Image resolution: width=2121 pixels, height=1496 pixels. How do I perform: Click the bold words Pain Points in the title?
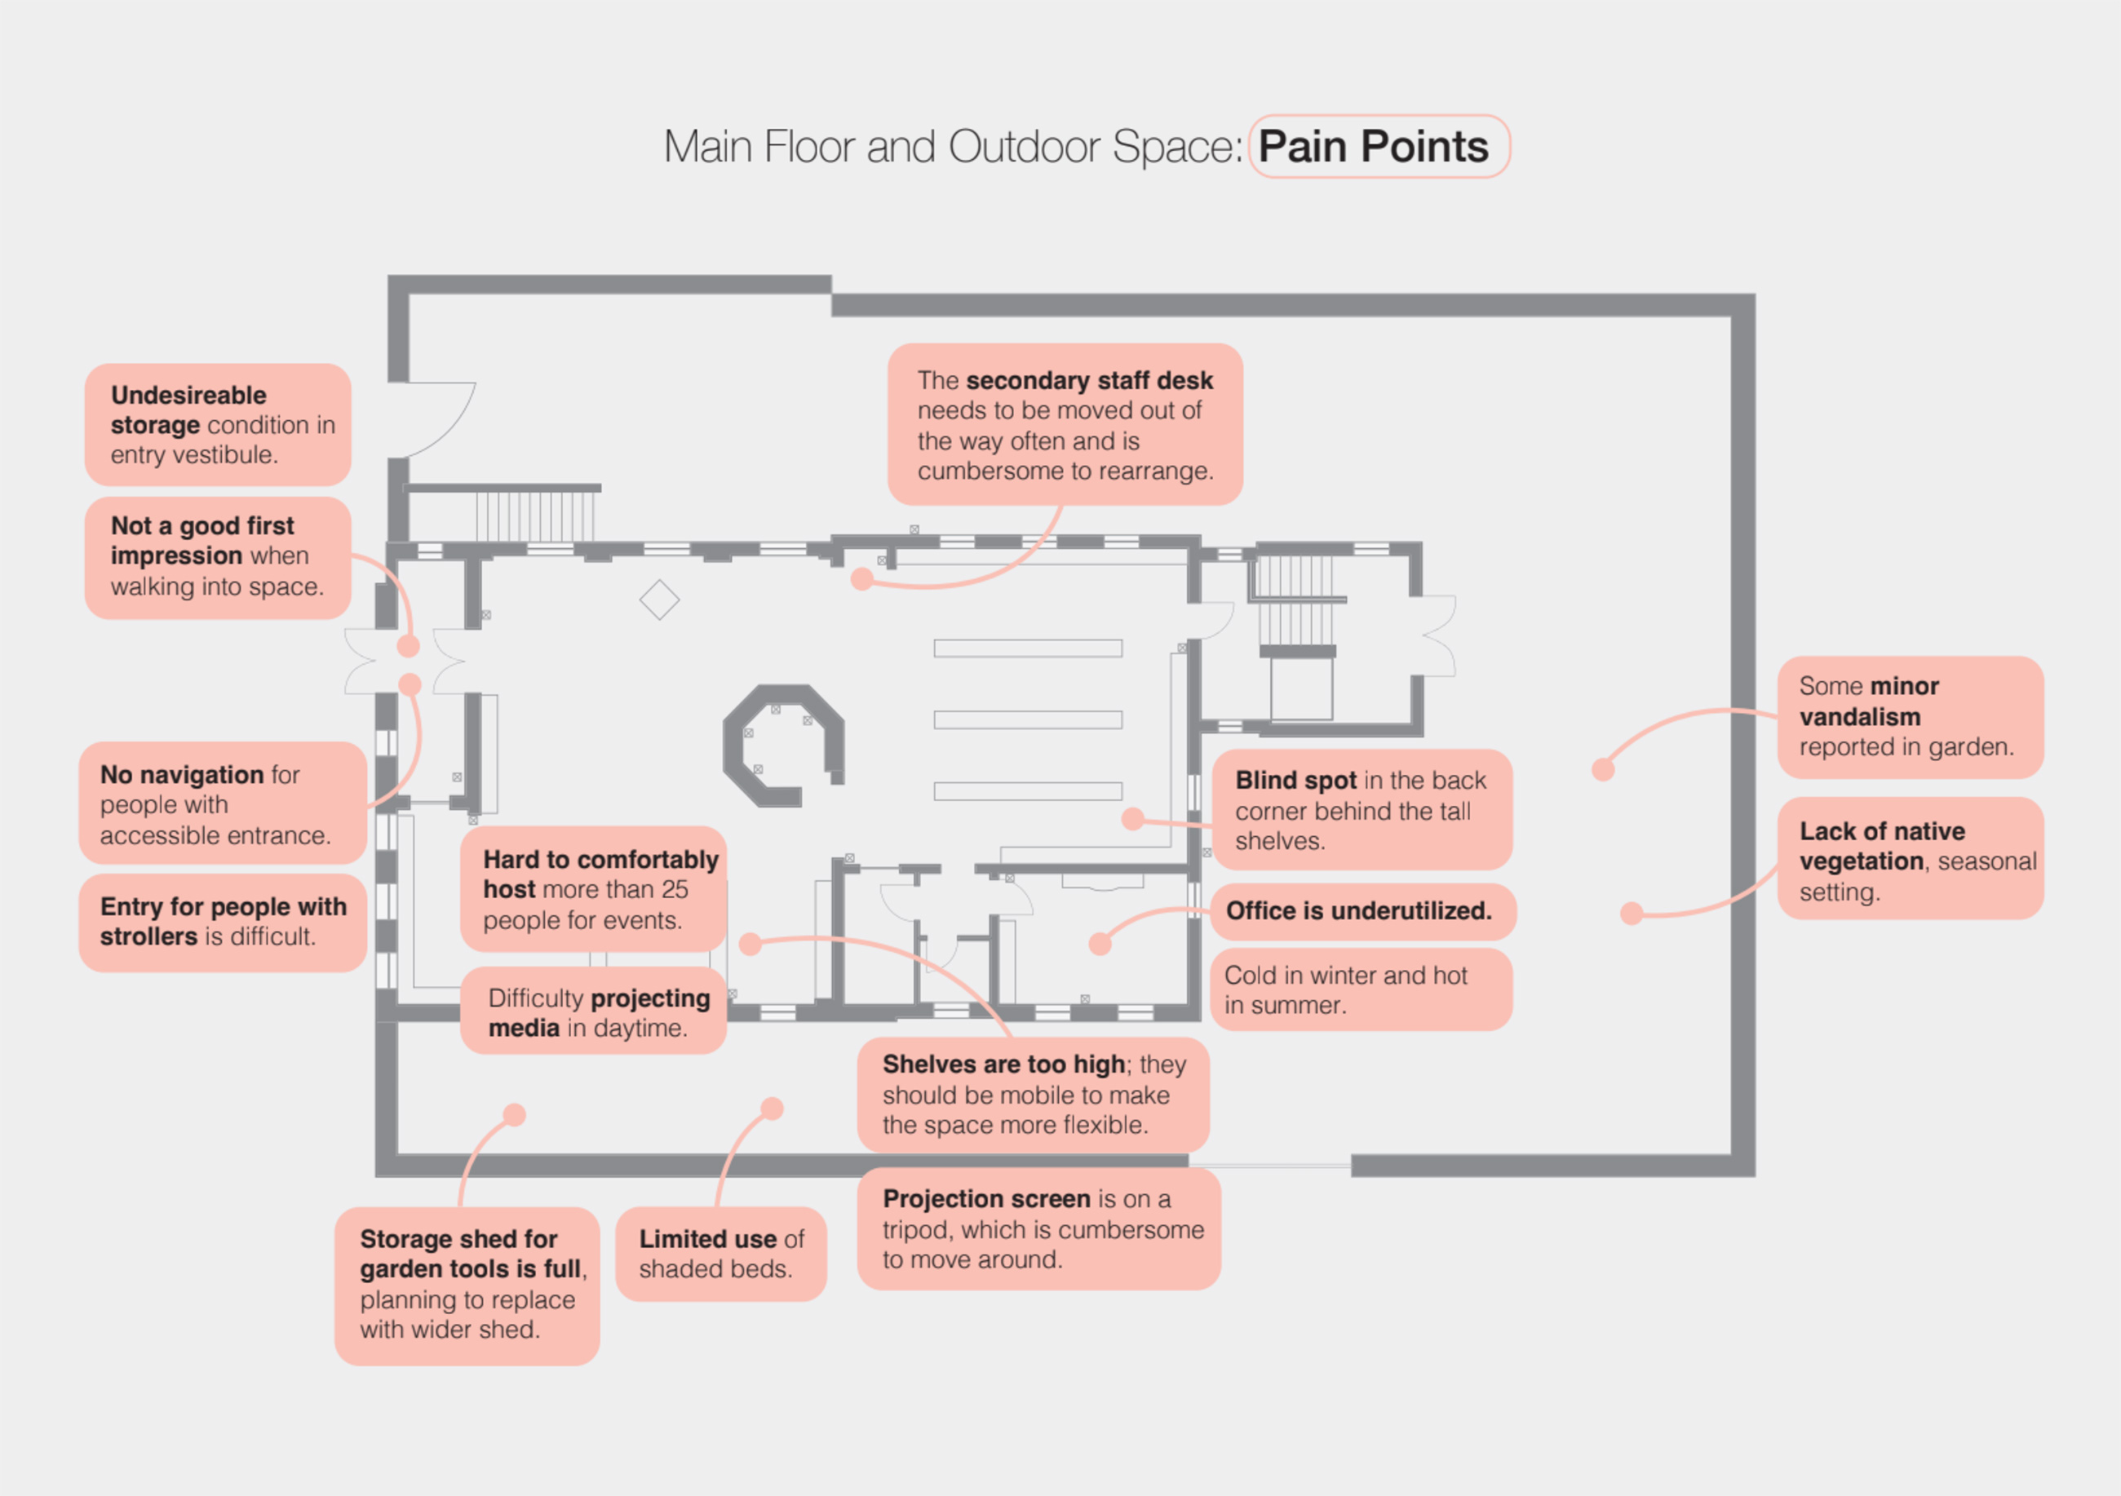coord(1373,147)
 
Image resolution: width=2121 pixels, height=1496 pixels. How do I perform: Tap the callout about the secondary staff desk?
coord(1065,425)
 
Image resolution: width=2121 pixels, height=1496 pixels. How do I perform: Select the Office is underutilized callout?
coord(1359,910)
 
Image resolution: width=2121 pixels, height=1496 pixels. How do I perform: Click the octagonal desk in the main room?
coord(782,744)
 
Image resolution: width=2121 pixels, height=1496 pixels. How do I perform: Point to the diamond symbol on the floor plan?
coord(660,600)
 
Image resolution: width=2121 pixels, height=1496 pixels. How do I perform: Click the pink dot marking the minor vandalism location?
coord(1603,769)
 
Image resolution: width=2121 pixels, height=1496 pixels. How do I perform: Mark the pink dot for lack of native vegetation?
coord(1632,914)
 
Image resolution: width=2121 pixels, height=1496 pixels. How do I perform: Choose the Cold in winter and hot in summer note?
coord(1359,990)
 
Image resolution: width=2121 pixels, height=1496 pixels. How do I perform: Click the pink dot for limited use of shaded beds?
coord(773,1109)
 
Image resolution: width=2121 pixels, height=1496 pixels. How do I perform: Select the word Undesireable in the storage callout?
coord(188,396)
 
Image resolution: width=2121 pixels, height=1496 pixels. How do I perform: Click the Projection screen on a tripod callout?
coord(1038,1229)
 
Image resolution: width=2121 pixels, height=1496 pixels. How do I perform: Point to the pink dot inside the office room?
coord(1100,944)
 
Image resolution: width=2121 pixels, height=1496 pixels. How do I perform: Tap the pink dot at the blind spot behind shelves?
coord(1132,818)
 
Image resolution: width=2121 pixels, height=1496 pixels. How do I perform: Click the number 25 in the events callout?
coord(675,889)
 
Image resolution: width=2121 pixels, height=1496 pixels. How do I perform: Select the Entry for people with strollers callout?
coord(223,922)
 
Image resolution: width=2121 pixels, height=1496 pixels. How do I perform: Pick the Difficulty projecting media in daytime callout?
coord(593,1012)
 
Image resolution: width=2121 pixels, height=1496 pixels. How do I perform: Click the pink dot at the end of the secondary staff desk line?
coord(862,579)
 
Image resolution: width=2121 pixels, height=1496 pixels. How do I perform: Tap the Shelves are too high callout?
coord(1032,1095)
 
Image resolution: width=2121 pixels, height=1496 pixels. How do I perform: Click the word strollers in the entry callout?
coord(148,936)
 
